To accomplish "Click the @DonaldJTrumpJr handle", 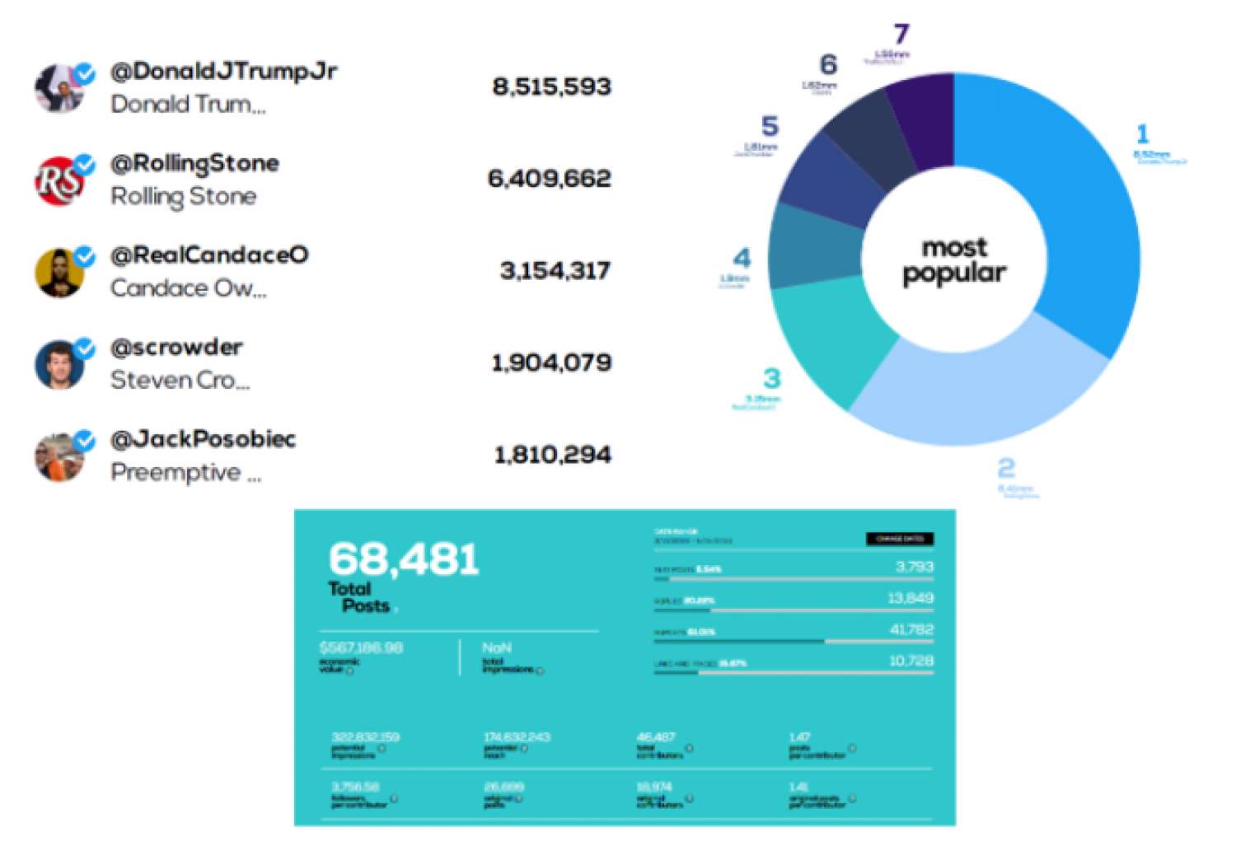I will coord(223,72).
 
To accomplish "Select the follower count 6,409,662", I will coord(550,179).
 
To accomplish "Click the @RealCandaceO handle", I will coord(209,255).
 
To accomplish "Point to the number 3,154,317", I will coord(555,271).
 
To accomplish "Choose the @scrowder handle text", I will coord(176,348).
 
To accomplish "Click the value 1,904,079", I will coord(551,362).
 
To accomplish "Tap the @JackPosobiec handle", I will coord(203,439).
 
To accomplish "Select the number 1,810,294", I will coord(552,455).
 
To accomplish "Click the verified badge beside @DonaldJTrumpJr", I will coord(85,74).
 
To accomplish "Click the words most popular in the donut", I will coord(953,260).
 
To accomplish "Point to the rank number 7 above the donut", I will coord(901,35).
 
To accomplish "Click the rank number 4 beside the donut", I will coord(742,259).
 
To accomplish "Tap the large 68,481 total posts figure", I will coord(404,560).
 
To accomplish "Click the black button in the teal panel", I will coord(899,539).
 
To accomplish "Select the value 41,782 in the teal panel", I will coord(911,630).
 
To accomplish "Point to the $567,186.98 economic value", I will coord(361,648).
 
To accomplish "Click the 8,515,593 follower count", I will coord(551,87).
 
